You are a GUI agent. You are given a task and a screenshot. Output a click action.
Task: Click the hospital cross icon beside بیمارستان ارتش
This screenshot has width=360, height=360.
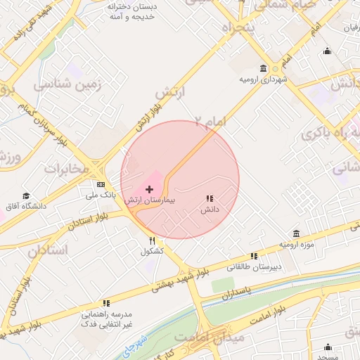pyautogui.click(x=149, y=189)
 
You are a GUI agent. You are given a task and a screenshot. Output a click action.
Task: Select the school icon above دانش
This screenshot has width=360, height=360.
pyautogui.click(x=210, y=199)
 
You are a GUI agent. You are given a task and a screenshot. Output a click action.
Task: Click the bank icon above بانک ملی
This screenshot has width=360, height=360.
pyautogui.click(x=91, y=184)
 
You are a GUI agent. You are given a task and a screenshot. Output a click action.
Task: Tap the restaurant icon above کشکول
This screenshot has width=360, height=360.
pyautogui.click(x=152, y=240)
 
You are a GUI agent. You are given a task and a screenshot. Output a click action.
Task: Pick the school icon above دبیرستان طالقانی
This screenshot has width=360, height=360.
pyautogui.click(x=253, y=256)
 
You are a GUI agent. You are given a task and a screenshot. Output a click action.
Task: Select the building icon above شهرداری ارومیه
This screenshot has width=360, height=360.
pyautogui.click(x=263, y=68)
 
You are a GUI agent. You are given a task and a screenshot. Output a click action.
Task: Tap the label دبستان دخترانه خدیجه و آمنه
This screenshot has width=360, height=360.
pyautogui.click(x=133, y=11)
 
